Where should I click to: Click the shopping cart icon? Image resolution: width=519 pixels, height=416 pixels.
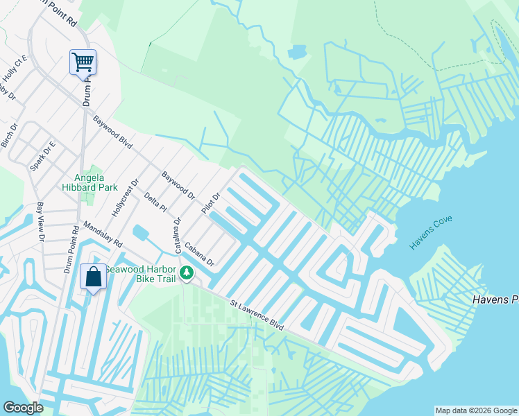[83, 62]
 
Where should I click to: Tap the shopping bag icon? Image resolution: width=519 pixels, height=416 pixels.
[93, 277]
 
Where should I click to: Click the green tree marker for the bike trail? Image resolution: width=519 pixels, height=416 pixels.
[186, 274]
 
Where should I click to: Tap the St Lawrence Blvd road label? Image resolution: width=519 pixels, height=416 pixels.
[257, 314]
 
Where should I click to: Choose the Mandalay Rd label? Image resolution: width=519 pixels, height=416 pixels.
[102, 235]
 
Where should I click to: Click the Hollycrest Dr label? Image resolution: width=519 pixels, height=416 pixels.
[126, 198]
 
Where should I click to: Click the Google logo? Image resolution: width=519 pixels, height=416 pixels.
[23, 408]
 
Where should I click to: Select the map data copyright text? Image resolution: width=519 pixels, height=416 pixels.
[475, 410]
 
